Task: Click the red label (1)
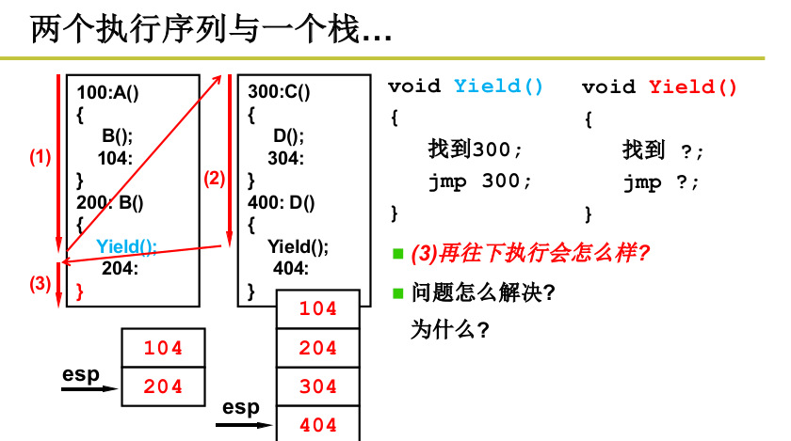point(40,157)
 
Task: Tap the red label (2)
point(215,178)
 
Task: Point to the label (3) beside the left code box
point(40,283)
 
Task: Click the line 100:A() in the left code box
point(107,92)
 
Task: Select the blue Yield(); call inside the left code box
point(126,247)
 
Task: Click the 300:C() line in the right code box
point(279,92)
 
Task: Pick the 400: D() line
point(282,201)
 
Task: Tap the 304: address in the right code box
point(285,158)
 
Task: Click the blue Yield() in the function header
point(499,87)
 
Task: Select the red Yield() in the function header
point(693,87)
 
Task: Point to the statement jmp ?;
point(662,182)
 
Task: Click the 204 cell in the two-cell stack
point(164,386)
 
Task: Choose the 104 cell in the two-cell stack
point(164,348)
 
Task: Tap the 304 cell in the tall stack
point(318,386)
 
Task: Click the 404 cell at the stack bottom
point(318,425)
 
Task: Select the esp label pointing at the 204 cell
point(81,374)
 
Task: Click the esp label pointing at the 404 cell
point(241,407)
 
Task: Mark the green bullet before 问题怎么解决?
point(398,292)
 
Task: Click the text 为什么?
point(450,330)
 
